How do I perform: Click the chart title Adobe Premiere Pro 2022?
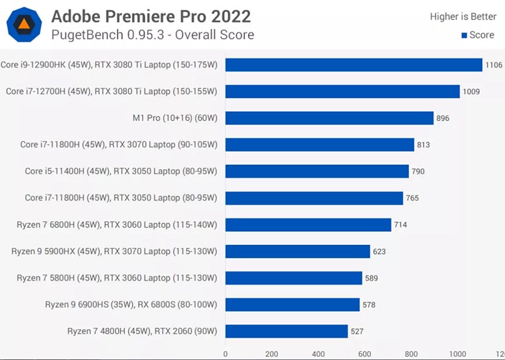click(151, 16)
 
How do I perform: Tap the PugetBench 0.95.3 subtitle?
click(153, 35)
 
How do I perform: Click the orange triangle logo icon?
click(23, 25)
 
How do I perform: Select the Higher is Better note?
click(463, 16)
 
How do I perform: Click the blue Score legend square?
click(465, 35)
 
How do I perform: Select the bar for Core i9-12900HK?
click(353, 65)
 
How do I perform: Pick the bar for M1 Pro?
click(330, 118)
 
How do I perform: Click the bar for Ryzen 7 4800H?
click(287, 331)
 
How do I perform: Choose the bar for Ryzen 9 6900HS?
click(292, 304)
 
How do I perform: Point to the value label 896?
click(443, 118)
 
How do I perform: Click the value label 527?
click(357, 331)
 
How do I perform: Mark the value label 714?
click(400, 225)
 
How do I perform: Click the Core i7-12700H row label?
click(112, 92)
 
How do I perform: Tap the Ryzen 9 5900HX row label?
click(114, 251)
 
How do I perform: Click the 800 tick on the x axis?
click(411, 354)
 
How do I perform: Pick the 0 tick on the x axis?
click(225, 354)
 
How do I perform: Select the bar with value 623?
click(297, 251)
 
